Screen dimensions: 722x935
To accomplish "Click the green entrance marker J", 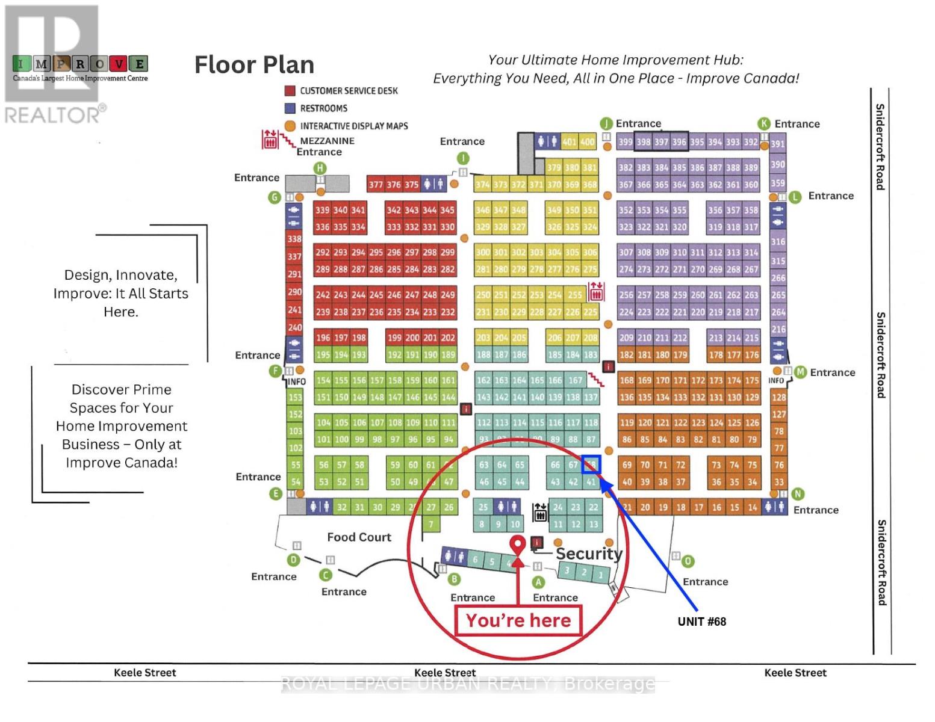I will tap(606, 123).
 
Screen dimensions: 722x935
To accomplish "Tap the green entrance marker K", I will tap(764, 124).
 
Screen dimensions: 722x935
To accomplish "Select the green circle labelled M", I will tap(800, 372).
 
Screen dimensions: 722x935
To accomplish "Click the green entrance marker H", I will tap(320, 168).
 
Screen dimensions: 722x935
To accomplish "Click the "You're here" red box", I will tap(518, 620).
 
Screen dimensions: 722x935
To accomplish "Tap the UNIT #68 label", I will tap(701, 622).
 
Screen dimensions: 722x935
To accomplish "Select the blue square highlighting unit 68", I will tap(591, 464).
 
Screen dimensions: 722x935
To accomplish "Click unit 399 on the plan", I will tap(625, 143).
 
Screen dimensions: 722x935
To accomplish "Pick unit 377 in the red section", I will tap(376, 185).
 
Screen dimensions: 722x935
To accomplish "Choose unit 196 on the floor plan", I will tap(323, 338).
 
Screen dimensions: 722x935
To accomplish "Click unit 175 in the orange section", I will tap(751, 380).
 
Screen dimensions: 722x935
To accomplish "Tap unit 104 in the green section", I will tap(323, 422).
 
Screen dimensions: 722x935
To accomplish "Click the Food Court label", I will tap(359, 537).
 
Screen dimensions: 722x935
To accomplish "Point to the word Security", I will tap(588, 554).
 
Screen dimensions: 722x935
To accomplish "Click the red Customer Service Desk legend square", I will tap(290, 91).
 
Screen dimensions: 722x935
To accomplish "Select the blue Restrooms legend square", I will tap(290, 108).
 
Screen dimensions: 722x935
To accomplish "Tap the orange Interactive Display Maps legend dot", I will tap(290, 126).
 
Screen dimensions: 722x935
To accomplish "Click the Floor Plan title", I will tap(254, 65).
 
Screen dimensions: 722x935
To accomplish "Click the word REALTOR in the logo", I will tap(53, 114).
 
